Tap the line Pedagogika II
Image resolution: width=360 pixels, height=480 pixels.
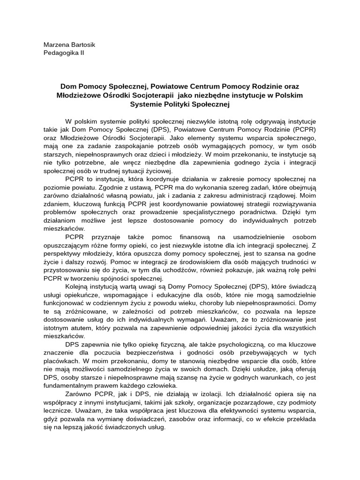click(x=64, y=52)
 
